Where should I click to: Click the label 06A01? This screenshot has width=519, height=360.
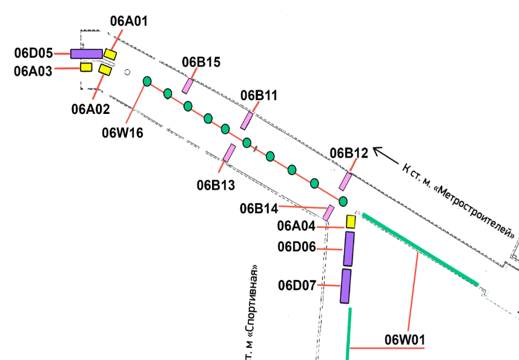coord(129,21)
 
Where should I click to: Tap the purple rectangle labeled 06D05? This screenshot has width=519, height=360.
coord(87,54)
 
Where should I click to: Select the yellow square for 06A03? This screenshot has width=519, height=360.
coord(86,67)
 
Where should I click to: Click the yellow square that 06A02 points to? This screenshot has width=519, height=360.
coord(105,70)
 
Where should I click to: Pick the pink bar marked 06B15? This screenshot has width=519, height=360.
coord(188,86)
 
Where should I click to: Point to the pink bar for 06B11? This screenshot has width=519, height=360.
coord(246,121)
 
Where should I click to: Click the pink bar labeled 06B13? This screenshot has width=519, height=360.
coord(230,153)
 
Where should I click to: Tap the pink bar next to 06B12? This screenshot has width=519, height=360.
coord(345,181)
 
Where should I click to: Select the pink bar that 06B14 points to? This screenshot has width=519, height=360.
coord(328,213)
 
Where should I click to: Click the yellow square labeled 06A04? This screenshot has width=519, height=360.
coord(351,222)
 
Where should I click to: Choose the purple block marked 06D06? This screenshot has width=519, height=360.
coord(349,248)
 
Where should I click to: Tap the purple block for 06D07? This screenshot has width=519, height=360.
coord(346,286)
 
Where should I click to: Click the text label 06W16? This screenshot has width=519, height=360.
coord(122,133)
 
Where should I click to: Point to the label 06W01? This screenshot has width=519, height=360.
coord(405,340)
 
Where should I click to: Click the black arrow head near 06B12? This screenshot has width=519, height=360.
coord(377,151)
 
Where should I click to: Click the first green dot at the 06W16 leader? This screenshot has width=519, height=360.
coord(147,81)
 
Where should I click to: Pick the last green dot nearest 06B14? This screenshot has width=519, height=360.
coord(343,201)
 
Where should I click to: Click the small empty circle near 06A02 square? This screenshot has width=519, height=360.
coord(127,72)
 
